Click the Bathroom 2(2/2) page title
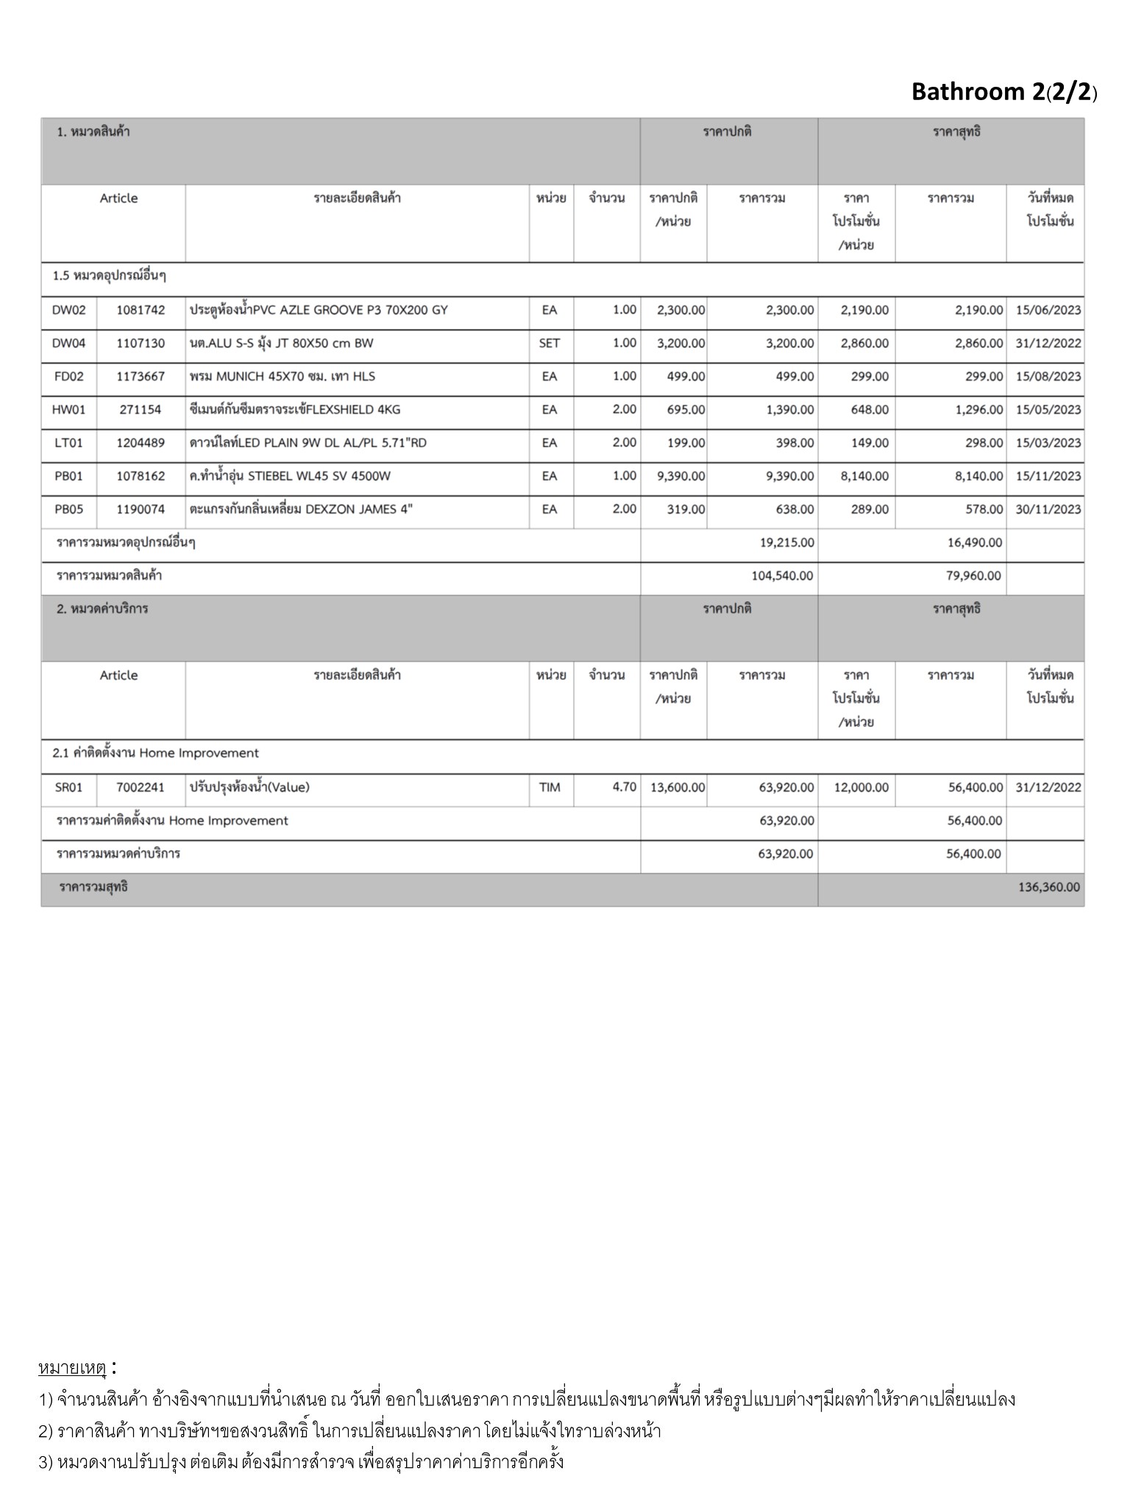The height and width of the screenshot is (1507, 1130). tap(1003, 92)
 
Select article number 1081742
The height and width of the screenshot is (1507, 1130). tap(141, 310)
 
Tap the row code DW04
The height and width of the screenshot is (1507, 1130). tap(68, 343)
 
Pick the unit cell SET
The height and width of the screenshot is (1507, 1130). tap(550, 343)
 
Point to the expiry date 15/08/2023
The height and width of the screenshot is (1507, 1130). tap(1048, 377)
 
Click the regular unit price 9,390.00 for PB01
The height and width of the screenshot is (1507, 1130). tap(681, 476)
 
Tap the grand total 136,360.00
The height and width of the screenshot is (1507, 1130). tap(1049, 887)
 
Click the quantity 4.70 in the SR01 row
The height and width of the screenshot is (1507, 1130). tap(624, 787)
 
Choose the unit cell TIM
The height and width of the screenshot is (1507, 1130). tap(550, 787)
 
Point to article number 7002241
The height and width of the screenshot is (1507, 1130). tap(141, 787)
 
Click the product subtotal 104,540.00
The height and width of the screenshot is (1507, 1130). tap(782, 576)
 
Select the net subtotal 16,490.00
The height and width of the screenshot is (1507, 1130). tap(974, 543)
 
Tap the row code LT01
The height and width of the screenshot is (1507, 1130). tap(68, 443)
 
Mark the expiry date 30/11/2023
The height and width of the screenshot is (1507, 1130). tap(1048, 509)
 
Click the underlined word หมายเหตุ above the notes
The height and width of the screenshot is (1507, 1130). tap(72, 1369)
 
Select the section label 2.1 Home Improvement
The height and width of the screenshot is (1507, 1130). tap(156, 753)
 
